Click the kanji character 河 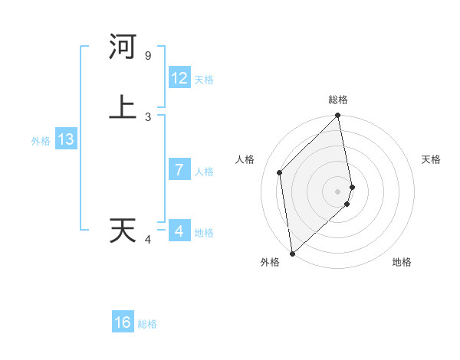coord(123,47)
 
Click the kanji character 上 coord(123,106)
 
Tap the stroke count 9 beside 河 coord(147,56)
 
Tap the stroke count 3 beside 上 coord(147,116)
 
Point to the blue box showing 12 coord(179,78)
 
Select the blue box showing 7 coord(179,170)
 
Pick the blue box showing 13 coord(66,139)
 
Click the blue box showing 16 coord(123,322)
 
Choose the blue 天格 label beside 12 coord(204,80)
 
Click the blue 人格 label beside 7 coord(204,172)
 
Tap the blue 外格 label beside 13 coord(41,141)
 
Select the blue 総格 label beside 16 coord(147,324)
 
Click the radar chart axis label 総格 coord(338,100)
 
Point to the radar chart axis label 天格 coord(432,159)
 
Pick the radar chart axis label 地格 coord(402,262)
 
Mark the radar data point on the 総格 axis coord(338,116)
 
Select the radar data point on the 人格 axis coord(280,172)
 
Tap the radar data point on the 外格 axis coord(292,253)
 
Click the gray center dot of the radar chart coord(338,191)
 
